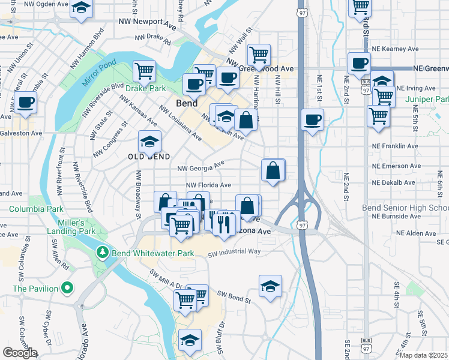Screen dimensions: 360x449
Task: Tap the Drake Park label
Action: click(x=145, y=88)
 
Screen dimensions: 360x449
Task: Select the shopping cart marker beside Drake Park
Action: click(x=145, y=71)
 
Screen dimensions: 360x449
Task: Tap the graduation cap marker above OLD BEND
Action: click(x=149, y=142)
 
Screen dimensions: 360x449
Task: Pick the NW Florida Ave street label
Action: click(x=208, y=186)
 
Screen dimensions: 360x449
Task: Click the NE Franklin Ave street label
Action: click(x=394, y=146)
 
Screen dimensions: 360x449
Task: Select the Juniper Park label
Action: click(x=427, y=99)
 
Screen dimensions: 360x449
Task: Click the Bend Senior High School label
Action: click(x=405, y=208)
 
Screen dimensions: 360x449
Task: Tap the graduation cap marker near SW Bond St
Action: click(x=271, y=286)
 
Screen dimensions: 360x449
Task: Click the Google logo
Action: click(x=20, y=353)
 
